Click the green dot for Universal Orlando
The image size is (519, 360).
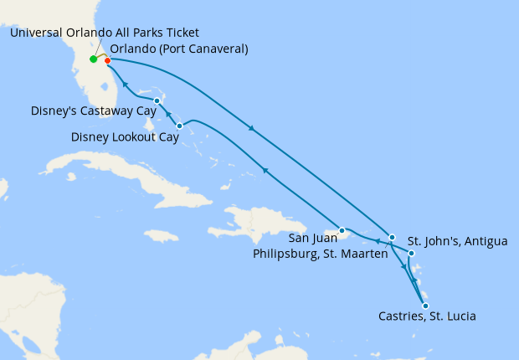tap(93, 59)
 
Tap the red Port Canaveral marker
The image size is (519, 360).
tap(108, 60)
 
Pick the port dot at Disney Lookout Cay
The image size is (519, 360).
tap(180, 126)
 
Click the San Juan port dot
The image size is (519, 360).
tap(342, 230)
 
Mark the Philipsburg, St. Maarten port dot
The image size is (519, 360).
tap(392, 238)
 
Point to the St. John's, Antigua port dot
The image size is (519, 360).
tap(411, 252)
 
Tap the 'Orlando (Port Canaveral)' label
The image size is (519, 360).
tap(179, 49)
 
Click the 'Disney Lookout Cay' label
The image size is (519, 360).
tap(126, 137)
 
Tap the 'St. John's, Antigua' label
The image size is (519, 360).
tap(457, 242)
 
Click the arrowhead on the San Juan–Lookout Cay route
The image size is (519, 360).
tap(265, 170)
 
